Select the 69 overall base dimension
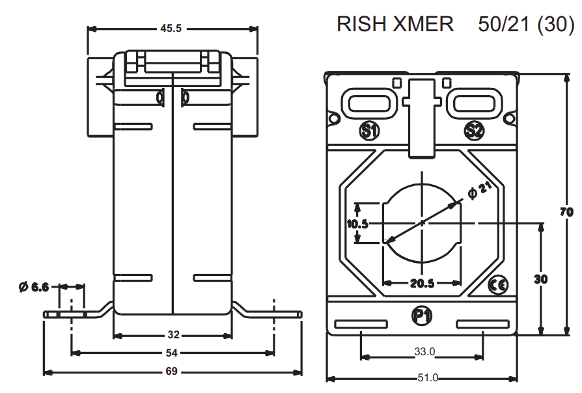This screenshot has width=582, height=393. pos(172,372)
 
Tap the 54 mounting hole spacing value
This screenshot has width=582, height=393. pos(172,353)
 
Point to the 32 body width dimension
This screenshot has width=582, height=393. pos(173,335)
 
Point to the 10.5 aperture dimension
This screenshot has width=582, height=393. pos(357,224)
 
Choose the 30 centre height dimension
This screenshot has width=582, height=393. pos(540,278)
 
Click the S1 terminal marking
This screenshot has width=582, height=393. pos(370,131)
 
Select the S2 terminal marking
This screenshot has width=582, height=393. pos(474,131)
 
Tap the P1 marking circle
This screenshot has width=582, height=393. pos(422,316)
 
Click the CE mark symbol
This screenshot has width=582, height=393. pos(498,284)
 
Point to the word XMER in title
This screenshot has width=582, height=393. pos(423,24)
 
